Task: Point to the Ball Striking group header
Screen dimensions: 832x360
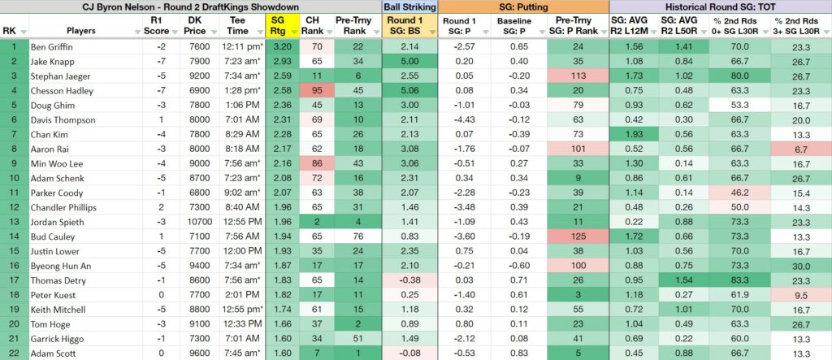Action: coord(410,7)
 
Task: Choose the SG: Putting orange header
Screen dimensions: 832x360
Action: coord(524,7)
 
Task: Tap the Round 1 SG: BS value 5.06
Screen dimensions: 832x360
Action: coord(410,91)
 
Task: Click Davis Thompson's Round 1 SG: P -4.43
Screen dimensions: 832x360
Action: coord(465,120)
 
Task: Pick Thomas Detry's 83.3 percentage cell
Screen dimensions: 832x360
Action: coord(739,280)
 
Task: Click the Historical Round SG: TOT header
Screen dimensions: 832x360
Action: coord(721,7)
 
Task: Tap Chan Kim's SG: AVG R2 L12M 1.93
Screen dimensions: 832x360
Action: coord(634,134)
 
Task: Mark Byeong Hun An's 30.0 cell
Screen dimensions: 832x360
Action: coord(801,266)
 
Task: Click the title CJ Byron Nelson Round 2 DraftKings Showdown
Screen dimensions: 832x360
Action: coord(190,7)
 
